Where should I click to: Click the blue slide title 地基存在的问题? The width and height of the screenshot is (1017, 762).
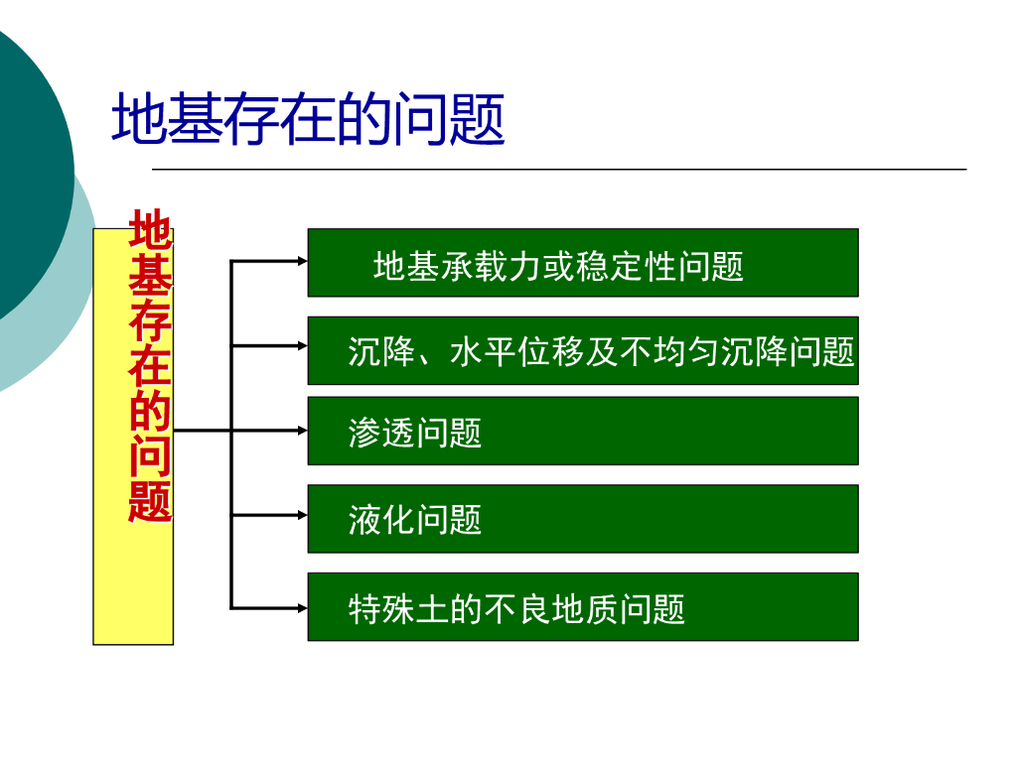click(x=308, y=120)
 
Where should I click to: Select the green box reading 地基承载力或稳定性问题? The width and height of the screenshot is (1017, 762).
click(x=582, y=263)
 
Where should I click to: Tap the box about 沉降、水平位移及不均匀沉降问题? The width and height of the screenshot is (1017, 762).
click(x=582, y=350)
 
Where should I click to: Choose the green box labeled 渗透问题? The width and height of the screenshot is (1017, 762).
click(x=582, y=431)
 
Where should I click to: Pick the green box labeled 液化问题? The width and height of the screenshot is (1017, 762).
click(x=582, y=518)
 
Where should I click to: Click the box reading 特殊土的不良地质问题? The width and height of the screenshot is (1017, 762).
click(x=582, y=606)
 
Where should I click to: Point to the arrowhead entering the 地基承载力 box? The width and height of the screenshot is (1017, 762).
click(x=302, y=262)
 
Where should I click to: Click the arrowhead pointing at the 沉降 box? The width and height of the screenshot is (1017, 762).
click(x=302, y=345)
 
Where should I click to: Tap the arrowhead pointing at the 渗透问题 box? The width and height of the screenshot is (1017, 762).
click(x=302, y=431)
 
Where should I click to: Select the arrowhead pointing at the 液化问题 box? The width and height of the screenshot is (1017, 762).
click(x=302, y=515)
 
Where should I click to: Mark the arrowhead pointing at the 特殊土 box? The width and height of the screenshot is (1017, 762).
click(x=302, y=607)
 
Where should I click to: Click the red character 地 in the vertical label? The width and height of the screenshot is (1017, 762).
click(x=150, y=230)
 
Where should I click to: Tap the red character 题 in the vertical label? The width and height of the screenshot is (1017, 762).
click(x=150, y=501)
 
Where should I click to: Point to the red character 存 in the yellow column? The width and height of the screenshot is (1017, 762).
click(x=150, y=321)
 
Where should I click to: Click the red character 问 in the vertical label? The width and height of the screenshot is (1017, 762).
click(x=150, y=456)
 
